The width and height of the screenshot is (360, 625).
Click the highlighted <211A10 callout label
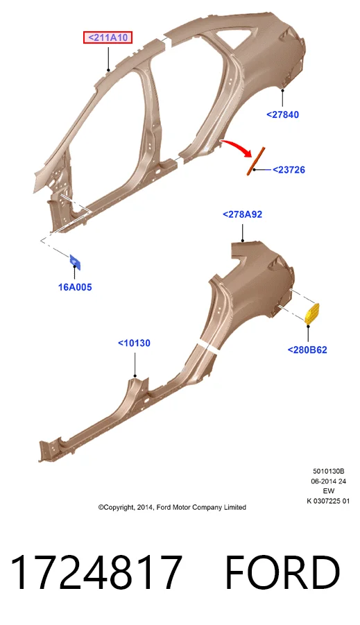pos(108,38)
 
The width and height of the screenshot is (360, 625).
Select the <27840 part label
pos(282,114)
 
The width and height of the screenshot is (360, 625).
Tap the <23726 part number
pos(289,170)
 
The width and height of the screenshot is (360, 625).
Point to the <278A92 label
pos(242,214)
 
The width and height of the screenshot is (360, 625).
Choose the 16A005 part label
pos(75,287)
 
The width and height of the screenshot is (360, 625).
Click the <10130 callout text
pos(134,343)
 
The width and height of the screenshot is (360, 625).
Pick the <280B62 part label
pos(307,350)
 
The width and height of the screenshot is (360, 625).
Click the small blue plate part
pos(75,262)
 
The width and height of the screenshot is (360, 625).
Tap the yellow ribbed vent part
pos(311,314)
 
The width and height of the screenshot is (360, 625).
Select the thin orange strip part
pos(255,162)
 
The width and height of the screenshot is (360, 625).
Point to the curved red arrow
pos(237,146)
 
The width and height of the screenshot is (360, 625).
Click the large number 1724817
pos(96,572)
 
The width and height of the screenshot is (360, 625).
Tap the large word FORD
pos(282,572)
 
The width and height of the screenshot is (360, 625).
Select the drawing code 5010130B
pos(328,471)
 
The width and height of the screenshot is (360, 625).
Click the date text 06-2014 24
pos(329,481)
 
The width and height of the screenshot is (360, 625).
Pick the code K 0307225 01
pos(328,501)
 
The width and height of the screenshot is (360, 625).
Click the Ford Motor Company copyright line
pos(172,507)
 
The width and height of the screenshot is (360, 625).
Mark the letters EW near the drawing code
pos(329,491)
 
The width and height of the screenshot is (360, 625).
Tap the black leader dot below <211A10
pos(108,70)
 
